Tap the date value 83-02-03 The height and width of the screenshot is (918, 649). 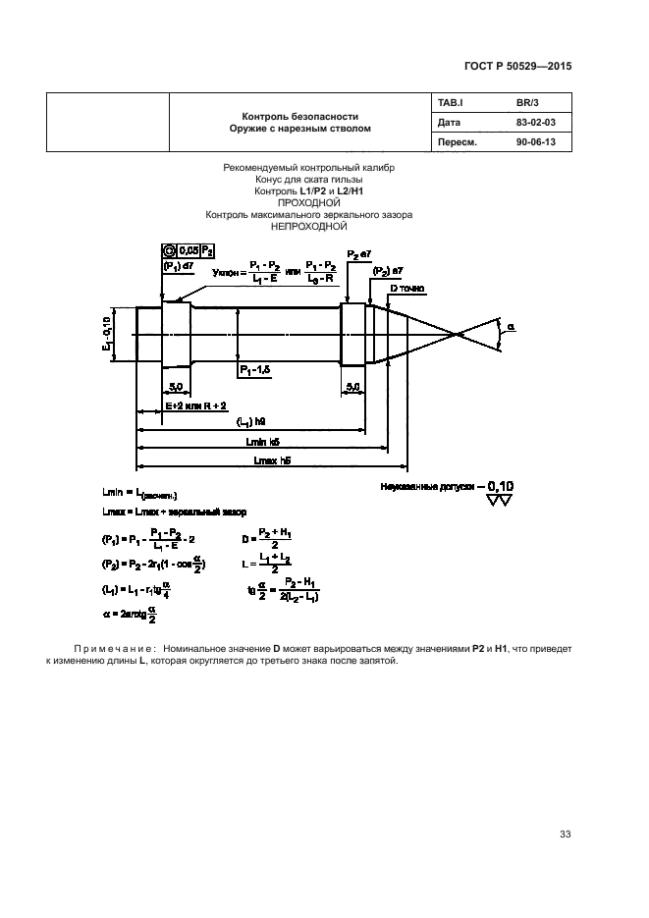[x=535, y=123]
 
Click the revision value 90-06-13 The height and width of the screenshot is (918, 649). [x=535, y=142]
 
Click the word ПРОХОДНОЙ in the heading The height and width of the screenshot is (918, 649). [x=308, y=202]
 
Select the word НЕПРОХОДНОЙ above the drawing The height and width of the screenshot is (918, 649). [x=308, y=226]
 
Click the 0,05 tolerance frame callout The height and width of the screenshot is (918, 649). [x=181, y=250]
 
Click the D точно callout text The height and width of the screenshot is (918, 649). [x=407, y=289]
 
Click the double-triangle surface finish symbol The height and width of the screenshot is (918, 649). [x=499, y=502]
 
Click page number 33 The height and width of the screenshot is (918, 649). [x=565, y=835]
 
